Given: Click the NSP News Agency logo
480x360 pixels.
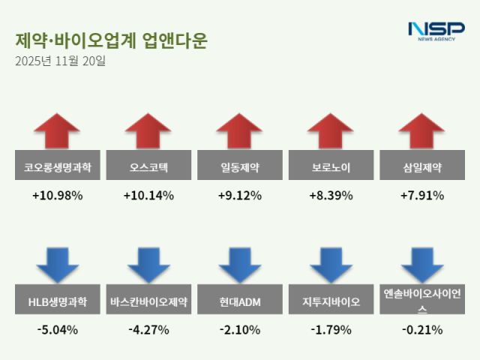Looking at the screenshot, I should point(436,31).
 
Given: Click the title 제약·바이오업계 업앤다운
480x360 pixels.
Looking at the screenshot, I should point(110,40).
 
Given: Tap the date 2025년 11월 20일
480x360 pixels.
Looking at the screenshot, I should point(60,61).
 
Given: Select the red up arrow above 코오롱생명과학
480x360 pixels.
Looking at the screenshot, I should point(57,130).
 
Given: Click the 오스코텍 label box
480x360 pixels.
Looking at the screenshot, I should point(148,167).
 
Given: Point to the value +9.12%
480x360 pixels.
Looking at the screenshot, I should point(240,196).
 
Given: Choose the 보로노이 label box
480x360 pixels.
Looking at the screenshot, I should point(331,167).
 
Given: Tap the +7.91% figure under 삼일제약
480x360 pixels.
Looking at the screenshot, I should point(422,196).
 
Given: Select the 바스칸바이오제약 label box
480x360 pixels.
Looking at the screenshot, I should point(148,302).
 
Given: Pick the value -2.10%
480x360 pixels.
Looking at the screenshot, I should point(240,329).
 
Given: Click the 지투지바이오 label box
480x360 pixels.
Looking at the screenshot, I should point(331,302).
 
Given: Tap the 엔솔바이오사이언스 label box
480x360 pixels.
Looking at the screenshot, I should point(422,302).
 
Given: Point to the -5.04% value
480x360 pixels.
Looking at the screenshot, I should point(57,329).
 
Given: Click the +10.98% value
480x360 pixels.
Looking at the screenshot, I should point(57,196).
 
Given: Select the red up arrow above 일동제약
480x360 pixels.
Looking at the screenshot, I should point(240,130).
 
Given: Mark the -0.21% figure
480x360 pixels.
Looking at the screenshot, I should point(422,329).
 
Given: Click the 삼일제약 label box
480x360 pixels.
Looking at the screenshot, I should point(422,167).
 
